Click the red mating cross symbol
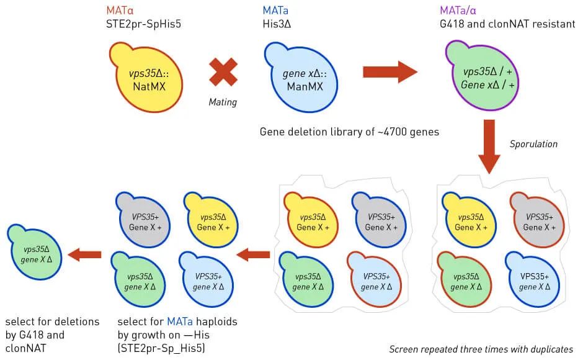[223, 72]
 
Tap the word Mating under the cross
[223, 102]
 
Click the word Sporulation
[533, 144]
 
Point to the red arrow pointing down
[489, 146]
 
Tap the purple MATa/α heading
[458, 11]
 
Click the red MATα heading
[120, 11]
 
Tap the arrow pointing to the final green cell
[84, 254]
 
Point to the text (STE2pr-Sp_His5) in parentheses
[161, 349]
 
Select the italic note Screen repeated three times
[481, 349]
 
